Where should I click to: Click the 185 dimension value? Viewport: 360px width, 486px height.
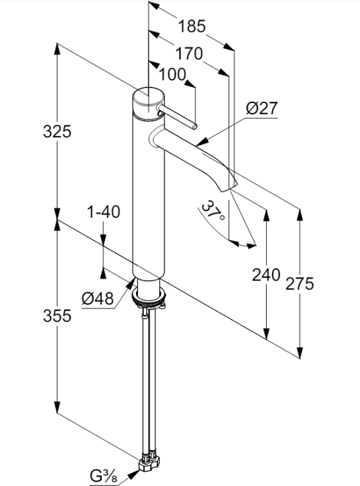pos(192,26)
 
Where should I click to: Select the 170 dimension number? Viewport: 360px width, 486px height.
pos(189,54)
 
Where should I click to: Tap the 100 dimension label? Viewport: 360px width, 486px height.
pos(173,75)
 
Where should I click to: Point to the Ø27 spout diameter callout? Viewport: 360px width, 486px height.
pos(262,108)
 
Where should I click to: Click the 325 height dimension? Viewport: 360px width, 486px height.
pos(57,131)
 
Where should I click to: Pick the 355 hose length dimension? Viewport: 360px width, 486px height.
pos(57,316)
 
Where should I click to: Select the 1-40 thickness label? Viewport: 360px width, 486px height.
pos(104,213)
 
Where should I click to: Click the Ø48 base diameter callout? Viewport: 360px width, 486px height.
pos(98,299)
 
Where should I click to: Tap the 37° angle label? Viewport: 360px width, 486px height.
pos(213,210)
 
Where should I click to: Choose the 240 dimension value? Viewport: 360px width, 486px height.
pos(266,275)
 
